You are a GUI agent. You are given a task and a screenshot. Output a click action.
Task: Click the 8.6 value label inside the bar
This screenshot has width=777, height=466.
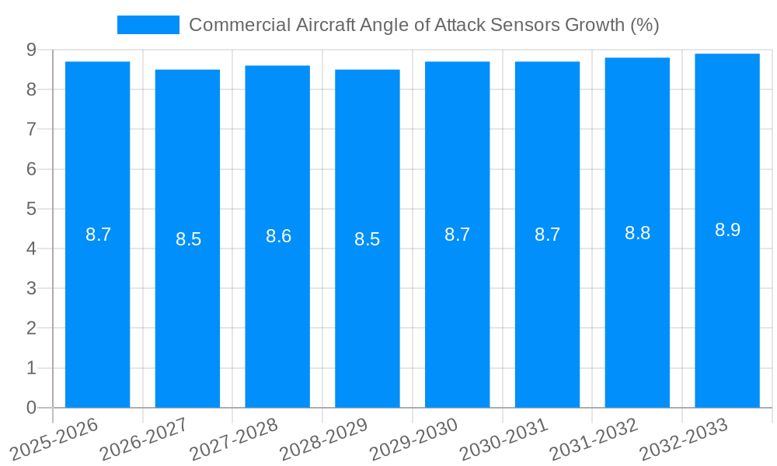pyautogui.click(x=278, y=236)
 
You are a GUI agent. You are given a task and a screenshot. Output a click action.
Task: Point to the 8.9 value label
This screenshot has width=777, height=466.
pyautogui.click(x=727, y=230)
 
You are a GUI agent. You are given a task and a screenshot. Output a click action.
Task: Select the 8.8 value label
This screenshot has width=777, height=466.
pyautogui.click(x=637, y=233)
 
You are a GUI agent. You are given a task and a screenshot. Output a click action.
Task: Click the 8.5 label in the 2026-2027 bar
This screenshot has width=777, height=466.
pyautogui.click(x=188, y=239)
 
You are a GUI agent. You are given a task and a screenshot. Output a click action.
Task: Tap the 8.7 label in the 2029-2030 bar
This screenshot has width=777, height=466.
pyautogui.click(x=457, y=235)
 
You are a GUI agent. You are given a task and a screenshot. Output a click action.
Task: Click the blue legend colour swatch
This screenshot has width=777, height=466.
pyautogui.click(x=148, y=25)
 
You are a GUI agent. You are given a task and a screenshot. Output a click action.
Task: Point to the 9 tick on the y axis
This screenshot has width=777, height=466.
pyautogui.click(x=31, y=50)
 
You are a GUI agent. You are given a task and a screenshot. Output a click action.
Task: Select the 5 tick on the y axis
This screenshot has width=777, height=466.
pyautogui.click(x=31, y=209)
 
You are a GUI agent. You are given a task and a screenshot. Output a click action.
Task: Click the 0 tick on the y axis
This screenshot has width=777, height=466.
pyautogui.click(x=31, y=408)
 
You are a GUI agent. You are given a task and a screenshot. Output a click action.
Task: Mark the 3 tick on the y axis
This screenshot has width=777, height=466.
pyautogui.click(x=31, y=289)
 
